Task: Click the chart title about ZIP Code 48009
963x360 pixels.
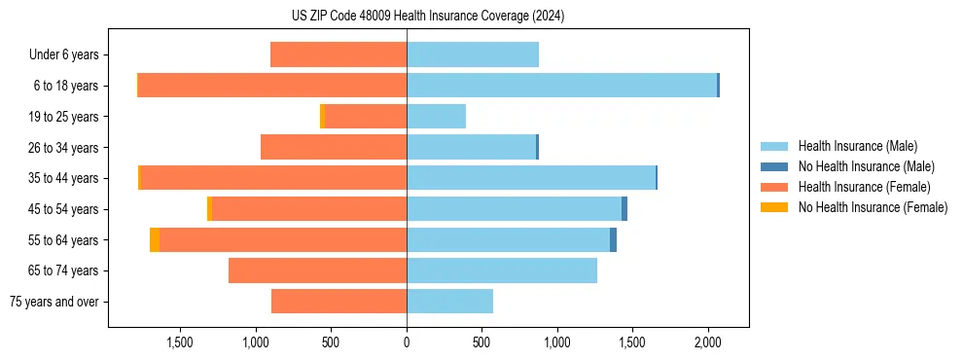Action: coord(428,17)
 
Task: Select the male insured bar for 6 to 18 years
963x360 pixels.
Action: coord(561,86)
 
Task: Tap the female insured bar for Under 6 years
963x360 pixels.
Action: coord(339,54)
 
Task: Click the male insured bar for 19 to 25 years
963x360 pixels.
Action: coord(436,117)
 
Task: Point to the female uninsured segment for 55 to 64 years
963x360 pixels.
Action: coord(155,239)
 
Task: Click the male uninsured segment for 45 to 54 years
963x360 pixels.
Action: coord(624,209)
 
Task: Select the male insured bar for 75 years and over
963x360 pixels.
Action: coord(449,302)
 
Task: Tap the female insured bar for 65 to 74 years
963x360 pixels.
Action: coord(317,270)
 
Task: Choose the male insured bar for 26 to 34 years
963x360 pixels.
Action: coord(471,147)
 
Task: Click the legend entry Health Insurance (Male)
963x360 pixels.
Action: coord(857,146)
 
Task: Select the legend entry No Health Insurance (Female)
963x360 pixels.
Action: coord(873,207)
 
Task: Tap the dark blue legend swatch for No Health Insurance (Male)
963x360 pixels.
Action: coord(774,166)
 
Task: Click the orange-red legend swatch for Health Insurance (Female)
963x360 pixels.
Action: coord(774,187)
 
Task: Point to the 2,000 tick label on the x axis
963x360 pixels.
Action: coord(708,342)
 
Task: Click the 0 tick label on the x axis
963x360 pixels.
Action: coord(407,342)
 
